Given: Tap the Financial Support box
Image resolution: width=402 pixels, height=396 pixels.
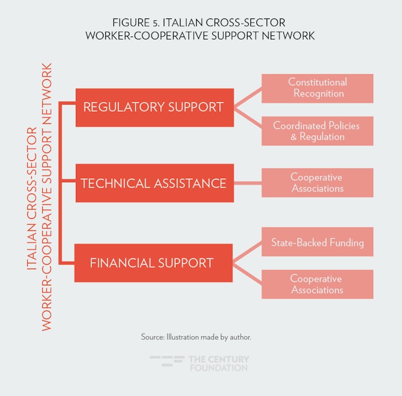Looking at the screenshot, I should (153, 262).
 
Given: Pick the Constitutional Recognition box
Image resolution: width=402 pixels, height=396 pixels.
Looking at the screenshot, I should (317, 88).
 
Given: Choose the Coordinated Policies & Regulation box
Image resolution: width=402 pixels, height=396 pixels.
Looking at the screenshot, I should (317, 131).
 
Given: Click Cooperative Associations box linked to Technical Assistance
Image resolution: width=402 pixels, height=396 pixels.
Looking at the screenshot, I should (317, 183).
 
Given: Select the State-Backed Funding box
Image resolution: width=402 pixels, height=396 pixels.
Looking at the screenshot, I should (317, 242).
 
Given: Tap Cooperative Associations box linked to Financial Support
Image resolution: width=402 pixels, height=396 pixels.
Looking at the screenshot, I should (317, 284).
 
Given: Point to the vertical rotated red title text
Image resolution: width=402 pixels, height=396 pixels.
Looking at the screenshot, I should (40, 197).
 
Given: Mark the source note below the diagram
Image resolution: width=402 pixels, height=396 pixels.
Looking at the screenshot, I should (196, 336).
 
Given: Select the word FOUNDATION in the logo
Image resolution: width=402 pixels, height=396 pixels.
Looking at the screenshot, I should (218, 368).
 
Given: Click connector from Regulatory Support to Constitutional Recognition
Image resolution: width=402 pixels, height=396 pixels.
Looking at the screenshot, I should (248, 98).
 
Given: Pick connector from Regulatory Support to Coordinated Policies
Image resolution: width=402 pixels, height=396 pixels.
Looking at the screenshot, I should (248, 119).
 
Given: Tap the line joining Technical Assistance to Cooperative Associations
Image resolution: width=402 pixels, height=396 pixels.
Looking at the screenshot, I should (248, 184).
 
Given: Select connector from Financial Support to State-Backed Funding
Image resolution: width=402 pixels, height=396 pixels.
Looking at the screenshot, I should (248, 252).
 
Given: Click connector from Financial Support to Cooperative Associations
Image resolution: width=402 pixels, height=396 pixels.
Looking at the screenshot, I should (248, 273).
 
